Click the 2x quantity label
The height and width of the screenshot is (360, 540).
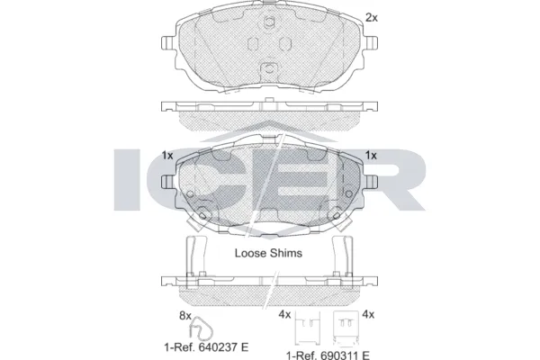click(x=371, y=18)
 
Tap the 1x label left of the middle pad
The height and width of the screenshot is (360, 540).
click(x=167, y=156)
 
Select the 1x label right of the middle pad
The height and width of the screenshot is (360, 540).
click(x=371, y=156)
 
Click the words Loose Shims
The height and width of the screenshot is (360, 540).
click(x=268, y=253)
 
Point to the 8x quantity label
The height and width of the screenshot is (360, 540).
click(x=184, y=315)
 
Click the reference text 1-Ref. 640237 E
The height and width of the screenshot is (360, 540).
click(x=206, y=346)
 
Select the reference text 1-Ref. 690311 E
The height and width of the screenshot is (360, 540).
click(x=328, y=355)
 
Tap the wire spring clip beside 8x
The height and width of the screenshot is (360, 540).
click(x=201, y=328)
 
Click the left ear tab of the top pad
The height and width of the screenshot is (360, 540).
click(x=168, y=42)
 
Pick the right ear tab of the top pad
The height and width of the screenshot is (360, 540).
click(x=371, y=42)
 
